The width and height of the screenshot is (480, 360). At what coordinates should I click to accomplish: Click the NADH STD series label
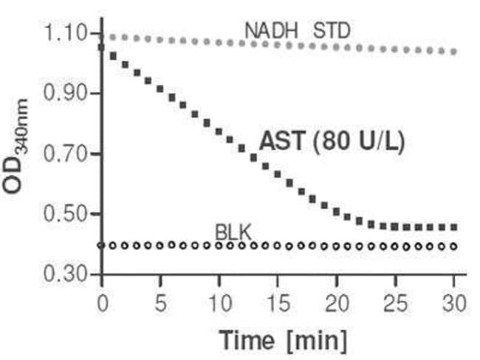pyautogui.click(x=298, y=31)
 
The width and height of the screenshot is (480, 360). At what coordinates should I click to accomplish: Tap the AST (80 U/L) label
pyautogui.click(x=332, y=142)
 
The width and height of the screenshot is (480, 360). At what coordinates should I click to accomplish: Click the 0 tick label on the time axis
pyautogui.click(x=102, y=302)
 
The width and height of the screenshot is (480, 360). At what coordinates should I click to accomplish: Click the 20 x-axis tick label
pyautogui.click(x=337, y=302)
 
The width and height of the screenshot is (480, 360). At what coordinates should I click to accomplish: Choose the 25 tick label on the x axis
pyautogui.click(x=395, y=302)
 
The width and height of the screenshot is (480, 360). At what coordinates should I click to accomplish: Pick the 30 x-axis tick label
pyautogui.click(x=453, y=302)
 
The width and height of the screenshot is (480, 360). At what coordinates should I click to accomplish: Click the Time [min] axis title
pyautogui.click(x=281, y=339)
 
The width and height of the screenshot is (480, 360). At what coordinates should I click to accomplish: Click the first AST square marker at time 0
pyautogui.click(x=102, y=47)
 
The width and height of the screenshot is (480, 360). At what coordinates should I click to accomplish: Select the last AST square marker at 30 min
pyautogui.click(x=453, y=227)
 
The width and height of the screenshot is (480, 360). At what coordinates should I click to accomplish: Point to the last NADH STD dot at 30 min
pyautogui.click(x=453, y=52)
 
